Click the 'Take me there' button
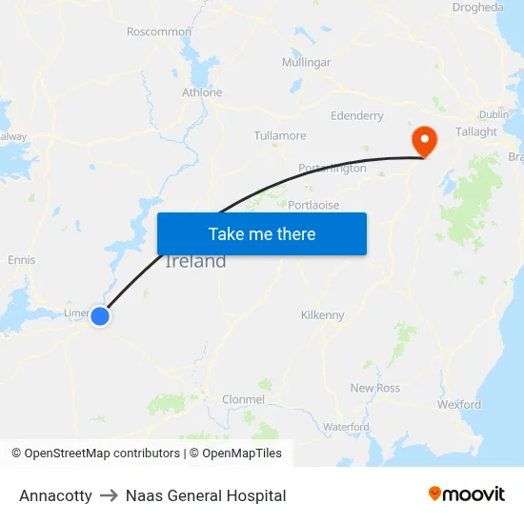click(262, 233)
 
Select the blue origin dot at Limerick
click(100, 316)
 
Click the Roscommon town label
click(159, 31)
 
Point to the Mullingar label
click(306, 62)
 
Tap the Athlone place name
click(202, 92)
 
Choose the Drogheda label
click(479, 8)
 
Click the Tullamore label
click(280, 135)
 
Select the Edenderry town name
click(356, 115)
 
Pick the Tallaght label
click(476, 131)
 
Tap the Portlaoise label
click(313, 205)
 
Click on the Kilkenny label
click(322, 314)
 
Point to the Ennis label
click(21, 259)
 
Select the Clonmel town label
click(242, 399)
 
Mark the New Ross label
click(375, 388)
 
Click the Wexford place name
click(459, 404)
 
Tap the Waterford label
click(346, 427)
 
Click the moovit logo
click(467, 494)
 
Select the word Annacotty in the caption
click(55, 495)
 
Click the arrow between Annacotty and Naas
click(109, 495)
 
